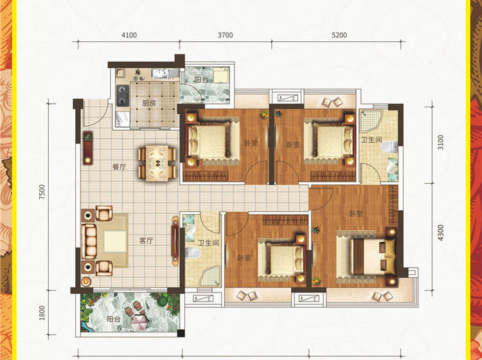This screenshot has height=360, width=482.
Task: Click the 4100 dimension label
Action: (129, 35)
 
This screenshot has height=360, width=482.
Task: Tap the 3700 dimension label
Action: (226, 35)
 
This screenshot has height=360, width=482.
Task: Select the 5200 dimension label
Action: (339, 35)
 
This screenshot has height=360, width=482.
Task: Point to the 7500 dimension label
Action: (42, 192)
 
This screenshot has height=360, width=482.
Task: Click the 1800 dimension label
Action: (42, 313)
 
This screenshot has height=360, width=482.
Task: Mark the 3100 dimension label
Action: (440, 142)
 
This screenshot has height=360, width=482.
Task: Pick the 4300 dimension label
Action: (440, 233)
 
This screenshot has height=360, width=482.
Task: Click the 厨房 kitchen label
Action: (149, 104)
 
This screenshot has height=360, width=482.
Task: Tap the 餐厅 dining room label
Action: (120, 167)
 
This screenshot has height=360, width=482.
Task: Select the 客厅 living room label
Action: (146, 240)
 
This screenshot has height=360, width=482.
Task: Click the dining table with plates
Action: (157, 163)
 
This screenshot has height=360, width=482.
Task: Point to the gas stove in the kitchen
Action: (123, 95)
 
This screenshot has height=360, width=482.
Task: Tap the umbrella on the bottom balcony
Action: (140, 320)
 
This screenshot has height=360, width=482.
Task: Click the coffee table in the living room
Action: (115, 241)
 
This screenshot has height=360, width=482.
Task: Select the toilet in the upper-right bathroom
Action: (389, 147)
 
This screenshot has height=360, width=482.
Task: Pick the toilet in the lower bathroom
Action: (193, 253)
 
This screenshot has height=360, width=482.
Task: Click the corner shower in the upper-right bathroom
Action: (371, 121)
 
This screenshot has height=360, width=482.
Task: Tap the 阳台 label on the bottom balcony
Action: (113, 319)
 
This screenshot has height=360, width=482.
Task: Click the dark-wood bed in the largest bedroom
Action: (366, 256)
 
